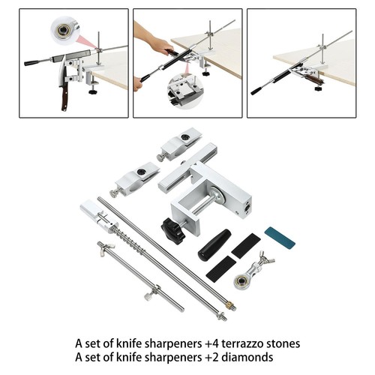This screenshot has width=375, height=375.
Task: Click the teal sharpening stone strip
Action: (x=280, y=237)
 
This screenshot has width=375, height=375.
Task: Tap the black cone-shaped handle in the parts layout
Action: (x=214, y=244)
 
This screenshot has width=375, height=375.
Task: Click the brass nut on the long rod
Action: (x=228, y=305)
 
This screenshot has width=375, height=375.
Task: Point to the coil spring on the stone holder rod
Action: (x=130, y=239)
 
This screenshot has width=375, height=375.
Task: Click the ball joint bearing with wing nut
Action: (x=253, y=271)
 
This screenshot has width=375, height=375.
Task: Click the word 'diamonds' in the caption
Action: (x=247, y=357)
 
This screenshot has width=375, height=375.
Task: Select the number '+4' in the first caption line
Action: (x=212, y=343)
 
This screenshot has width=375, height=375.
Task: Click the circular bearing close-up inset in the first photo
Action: (x=64, y=30)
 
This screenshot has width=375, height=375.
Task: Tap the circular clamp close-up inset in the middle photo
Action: (x=185, y=91)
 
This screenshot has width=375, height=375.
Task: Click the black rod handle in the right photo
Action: (x=257, y=91)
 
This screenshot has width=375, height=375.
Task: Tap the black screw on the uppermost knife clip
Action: (x=185, y=137)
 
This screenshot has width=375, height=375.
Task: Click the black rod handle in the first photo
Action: (x=32, y=62)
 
